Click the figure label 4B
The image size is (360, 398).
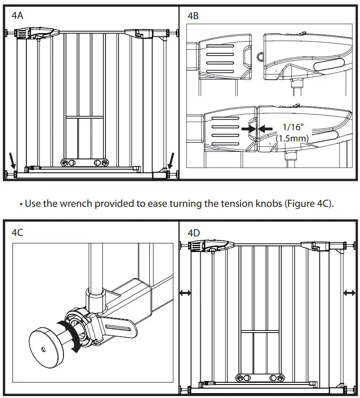point(193,16)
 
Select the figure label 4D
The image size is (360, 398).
point(193,233)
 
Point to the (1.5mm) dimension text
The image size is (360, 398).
point(292,138)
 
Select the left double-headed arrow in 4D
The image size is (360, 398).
point(185,293)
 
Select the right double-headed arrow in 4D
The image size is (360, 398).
point(349,293)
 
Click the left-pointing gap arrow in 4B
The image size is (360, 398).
point(267,128)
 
